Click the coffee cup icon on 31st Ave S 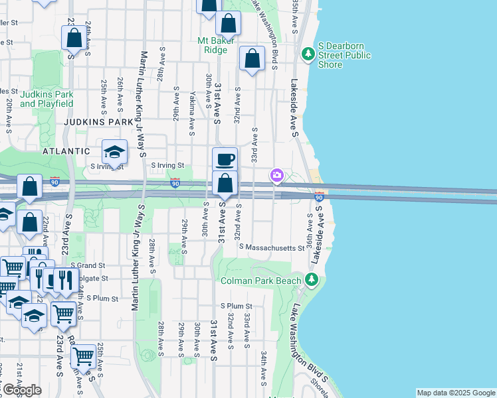click(x=225, y=159)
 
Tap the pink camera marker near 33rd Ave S click(x=276, y=176)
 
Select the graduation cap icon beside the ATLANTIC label click(x=114, y=151)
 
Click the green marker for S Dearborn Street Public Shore click(x=308, y=53)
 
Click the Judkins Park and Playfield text click(x=47, y=99)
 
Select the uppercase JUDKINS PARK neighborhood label click(x=98, y=123)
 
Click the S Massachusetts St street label click(x=274, y=247)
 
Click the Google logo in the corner click(x=21, y=390)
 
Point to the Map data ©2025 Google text click(x=456, y=393)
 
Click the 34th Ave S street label click(x=264, y=369)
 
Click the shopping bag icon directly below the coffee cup click(x=225, y=183)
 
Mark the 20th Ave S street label click(x=9, y=115)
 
